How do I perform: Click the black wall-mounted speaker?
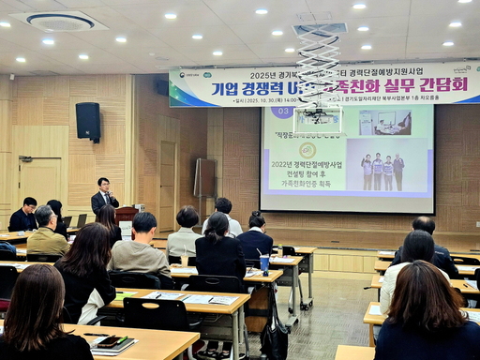pos(88,121)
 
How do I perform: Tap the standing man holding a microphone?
pos(104,198)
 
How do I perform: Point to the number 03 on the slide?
pos(281,112)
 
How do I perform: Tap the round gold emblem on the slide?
pos(307,150)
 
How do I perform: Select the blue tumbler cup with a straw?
pos(264,263)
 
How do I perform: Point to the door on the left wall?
pos(39,182)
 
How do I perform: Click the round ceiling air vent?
pos(60,21)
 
